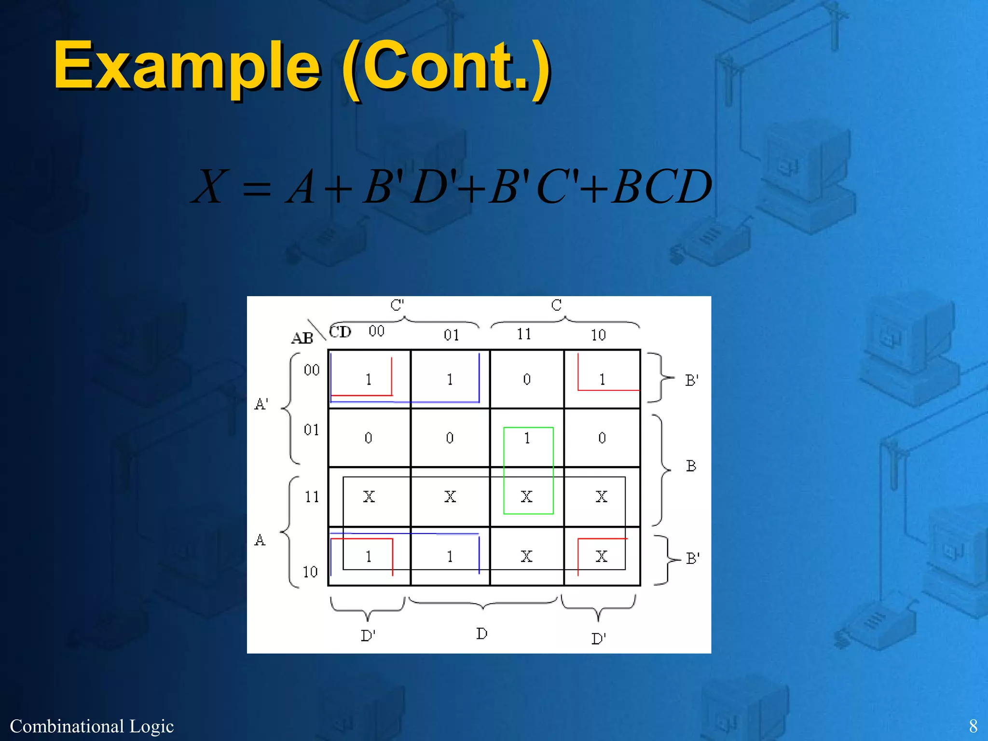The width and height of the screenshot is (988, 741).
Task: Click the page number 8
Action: (973, 726)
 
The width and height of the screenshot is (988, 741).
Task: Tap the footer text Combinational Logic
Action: (92, 726)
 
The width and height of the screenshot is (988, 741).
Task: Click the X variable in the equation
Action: (208, 187)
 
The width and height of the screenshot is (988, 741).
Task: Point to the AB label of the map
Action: (302, 338)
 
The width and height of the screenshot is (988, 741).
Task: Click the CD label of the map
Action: (340, 332)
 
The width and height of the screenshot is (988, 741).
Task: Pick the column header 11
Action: (524, 334)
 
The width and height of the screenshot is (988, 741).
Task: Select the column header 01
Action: (452, 335)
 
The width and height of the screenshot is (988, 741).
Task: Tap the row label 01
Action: (312, 430)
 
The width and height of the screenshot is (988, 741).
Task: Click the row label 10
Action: (310, 572)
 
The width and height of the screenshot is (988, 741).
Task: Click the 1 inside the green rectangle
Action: (527, 438)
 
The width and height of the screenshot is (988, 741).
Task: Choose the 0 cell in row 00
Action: (527, 380)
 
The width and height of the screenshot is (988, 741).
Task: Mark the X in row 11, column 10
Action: (601, 497)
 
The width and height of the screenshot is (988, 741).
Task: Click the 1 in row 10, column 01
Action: (450, 557)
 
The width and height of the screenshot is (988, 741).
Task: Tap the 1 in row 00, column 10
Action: (602, 380)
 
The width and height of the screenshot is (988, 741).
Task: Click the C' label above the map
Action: (397, 305)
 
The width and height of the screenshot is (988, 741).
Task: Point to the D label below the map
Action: (481, 633)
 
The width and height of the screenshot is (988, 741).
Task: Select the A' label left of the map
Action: (261, 404)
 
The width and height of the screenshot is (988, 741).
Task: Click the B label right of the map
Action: (691, 466)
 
